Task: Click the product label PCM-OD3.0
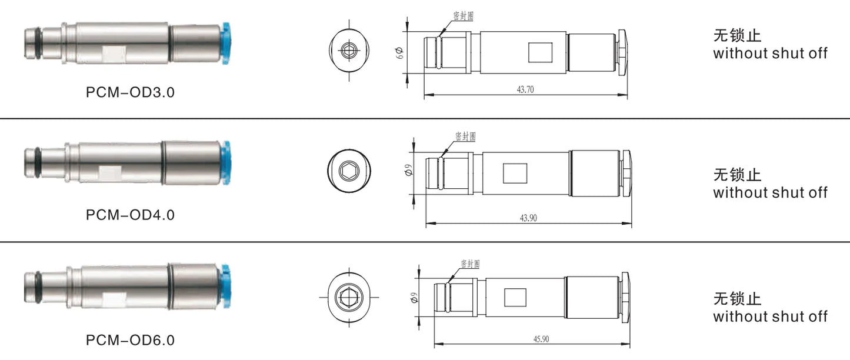click(130, 92)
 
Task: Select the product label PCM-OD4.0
click(130, 215)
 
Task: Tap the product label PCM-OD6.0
click(130, 340)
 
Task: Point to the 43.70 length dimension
click(525, 89)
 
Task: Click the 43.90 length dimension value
click(528, 218)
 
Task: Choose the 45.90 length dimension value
click(541, 339)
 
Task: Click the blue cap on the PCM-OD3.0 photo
click(226, 43)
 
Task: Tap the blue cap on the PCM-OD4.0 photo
click(226, 163)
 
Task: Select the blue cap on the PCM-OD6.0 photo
click(226, 286)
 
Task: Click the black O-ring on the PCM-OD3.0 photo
click(39, 44)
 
